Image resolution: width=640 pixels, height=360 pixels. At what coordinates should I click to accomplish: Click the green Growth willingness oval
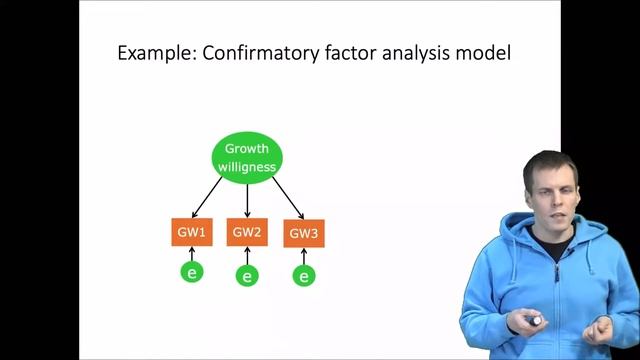click(x=247, y=158)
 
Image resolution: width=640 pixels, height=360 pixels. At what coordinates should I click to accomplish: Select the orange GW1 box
click(x=191, y=233)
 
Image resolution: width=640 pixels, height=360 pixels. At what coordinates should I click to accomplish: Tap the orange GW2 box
click(x=247, y=233)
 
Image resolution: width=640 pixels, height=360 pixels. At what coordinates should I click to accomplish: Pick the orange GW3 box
click(x=303, y=234)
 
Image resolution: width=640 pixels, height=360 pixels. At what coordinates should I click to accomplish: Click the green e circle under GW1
click(x=191, y=271)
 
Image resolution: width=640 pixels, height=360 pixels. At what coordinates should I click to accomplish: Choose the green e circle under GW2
click(x=247, y=275)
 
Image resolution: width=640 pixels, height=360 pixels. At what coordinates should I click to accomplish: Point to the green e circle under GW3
click(x=303, y=275)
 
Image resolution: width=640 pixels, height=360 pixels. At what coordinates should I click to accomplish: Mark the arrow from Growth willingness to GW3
click(x=286, y=198)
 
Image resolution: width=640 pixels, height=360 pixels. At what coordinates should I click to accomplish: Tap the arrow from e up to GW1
click(x=191, y=253)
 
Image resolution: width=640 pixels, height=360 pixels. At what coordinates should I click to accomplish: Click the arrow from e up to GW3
click(x=303, y=256)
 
